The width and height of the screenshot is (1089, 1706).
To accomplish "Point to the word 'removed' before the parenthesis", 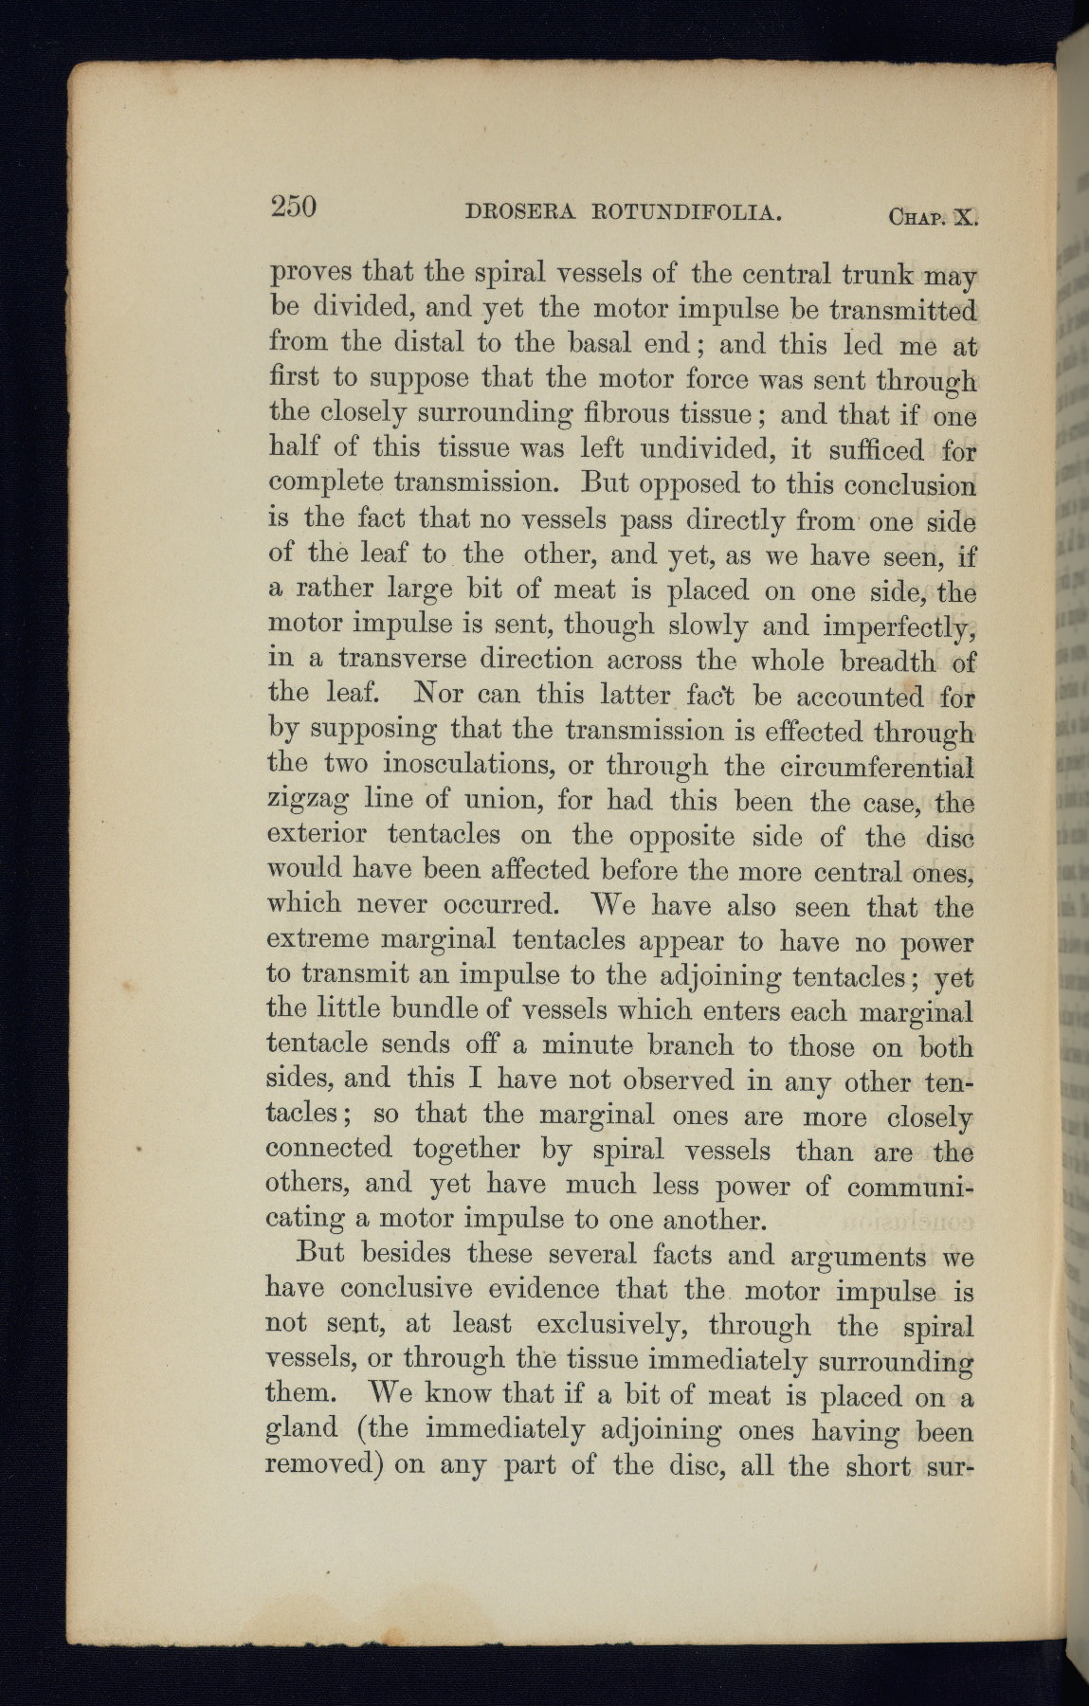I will pos(322,1464).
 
